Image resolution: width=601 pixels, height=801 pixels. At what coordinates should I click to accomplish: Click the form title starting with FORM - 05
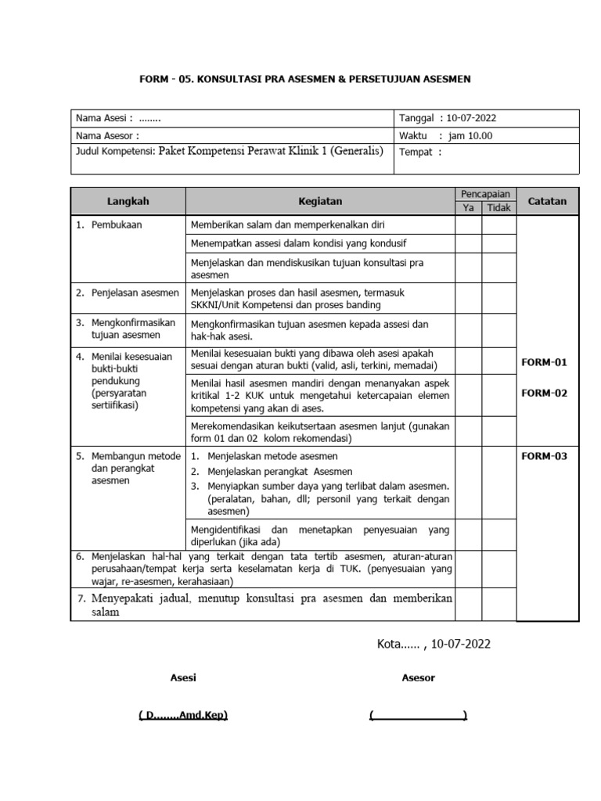[x=305, y=80]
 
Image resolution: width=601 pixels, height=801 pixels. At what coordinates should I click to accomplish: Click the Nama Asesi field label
[x=104, y=119]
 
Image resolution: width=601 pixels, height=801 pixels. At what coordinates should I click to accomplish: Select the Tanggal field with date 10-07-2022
[x=447, y=119]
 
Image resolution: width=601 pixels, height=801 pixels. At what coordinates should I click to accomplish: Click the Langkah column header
[x=128, y=201]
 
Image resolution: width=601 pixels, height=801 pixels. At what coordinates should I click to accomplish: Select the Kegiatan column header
[x=320, y=201]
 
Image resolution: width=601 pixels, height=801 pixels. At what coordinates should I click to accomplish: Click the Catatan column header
[x=547, y=201]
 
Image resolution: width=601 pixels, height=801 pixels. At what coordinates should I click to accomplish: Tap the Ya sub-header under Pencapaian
[x=468, y=208]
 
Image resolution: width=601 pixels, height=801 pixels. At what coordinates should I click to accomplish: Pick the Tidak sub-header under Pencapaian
[x=498, y=208]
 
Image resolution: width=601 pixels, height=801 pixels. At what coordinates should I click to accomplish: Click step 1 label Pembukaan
[x=115, y=224]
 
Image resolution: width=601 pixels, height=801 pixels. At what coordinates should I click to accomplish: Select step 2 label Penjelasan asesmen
[x=128, y=293]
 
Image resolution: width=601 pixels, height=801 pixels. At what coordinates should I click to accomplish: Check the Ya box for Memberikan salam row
[x=468, y=224]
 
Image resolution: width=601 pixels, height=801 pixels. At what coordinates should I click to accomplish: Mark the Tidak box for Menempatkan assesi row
[x=498, y=243]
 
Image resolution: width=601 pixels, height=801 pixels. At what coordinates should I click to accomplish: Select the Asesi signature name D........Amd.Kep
[x=183, y=715]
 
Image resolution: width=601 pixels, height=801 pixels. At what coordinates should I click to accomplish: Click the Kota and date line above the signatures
[x=434, y=644]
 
